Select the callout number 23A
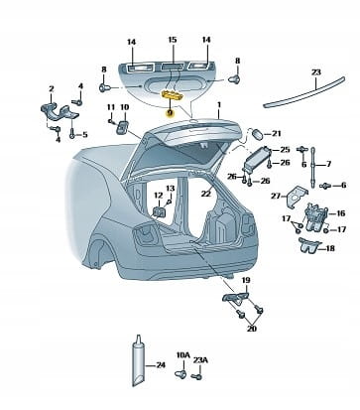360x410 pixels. pyautogui.click(x=200, y=359)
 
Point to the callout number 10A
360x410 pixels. pyautogui.click(x=183, y=355)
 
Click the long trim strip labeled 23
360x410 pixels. pyautogui.click(x=304, y=91)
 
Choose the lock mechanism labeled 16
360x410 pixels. pyautogui.click(x=314, y=217)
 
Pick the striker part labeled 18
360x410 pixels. pyautogui.click(x=309, y=245)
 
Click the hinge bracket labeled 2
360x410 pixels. pyautogui.click(x=59, y=112)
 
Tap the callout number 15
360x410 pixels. pyautogui.click(x=173, y=40)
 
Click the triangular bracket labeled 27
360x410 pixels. pyautogui.click(x=297, y=197)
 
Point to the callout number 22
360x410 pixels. pyautogui.click(x=205, y=194)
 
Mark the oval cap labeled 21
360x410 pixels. pyautogui.click(x=258, y=134)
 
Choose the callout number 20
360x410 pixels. pyautogui.click(x=251, y=329)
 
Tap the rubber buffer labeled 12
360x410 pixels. pyautogui.click(x=159, y=211)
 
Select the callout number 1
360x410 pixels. pyautogui.click(x=219, y=105)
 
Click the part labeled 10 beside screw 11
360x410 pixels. pyautogui.click(x=123, y=127)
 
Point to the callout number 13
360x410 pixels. pyautogui.click(x=170, y=189)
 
